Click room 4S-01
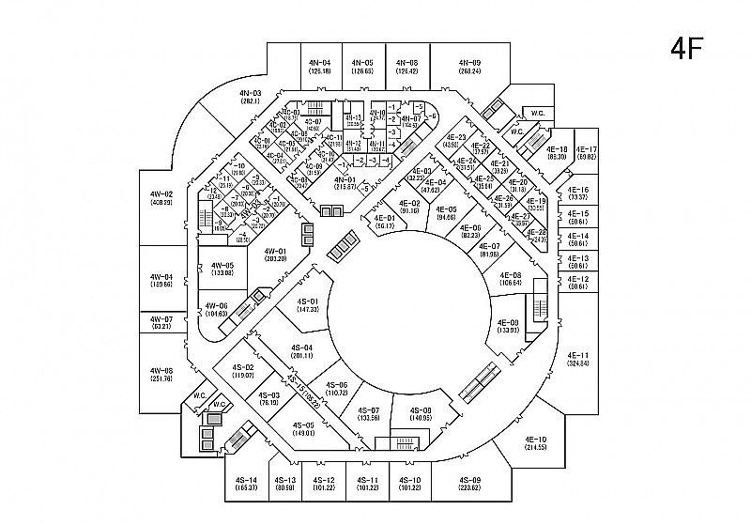click(309, 304)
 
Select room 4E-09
click(509, 326)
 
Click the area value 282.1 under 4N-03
click(250, 100)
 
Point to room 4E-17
click(587, 153)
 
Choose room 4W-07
click(161, 322)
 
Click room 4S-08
click(421, 414)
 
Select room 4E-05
click(445, 212)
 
